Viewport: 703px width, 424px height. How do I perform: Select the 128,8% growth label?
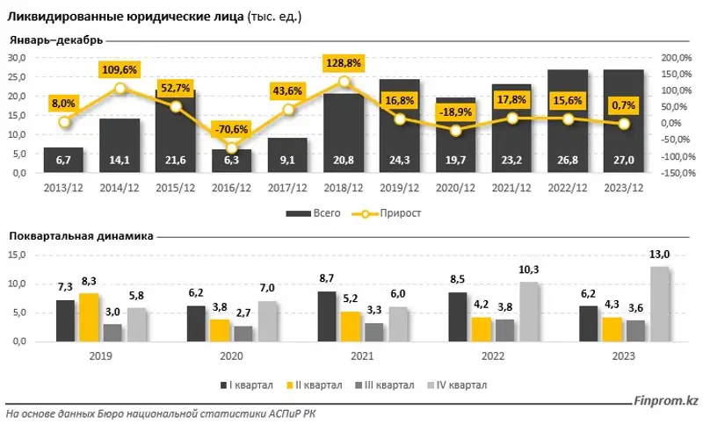pos(344,64)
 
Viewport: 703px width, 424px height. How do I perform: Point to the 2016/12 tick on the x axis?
pos(231,187)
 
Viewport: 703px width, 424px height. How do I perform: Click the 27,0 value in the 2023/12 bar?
pos(625,161)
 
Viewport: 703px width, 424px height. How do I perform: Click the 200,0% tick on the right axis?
pos(674,58)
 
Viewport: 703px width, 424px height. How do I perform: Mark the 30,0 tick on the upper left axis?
pos(18,58)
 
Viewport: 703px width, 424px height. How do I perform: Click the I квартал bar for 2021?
pos(327,316)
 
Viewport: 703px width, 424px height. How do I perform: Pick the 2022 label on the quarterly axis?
pos(492,357)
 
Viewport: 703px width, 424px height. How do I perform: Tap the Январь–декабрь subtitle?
pos(56,40)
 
